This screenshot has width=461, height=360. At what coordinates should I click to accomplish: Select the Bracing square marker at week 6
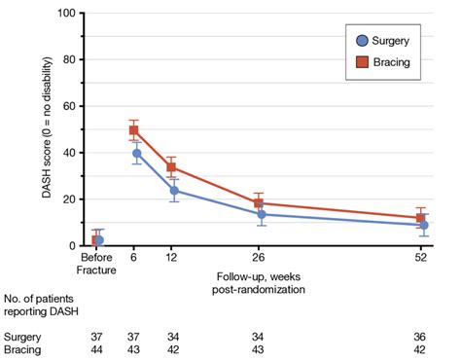click(x=134, y=130)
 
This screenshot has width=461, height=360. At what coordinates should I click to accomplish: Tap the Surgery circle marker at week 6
click(x=137, y=154)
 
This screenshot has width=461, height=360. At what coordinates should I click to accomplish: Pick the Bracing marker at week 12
click(x=172, y=167)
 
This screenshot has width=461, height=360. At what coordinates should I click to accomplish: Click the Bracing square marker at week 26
click(x=259, y=203)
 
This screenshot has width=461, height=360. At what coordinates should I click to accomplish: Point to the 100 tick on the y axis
click(x=68, y=14)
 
